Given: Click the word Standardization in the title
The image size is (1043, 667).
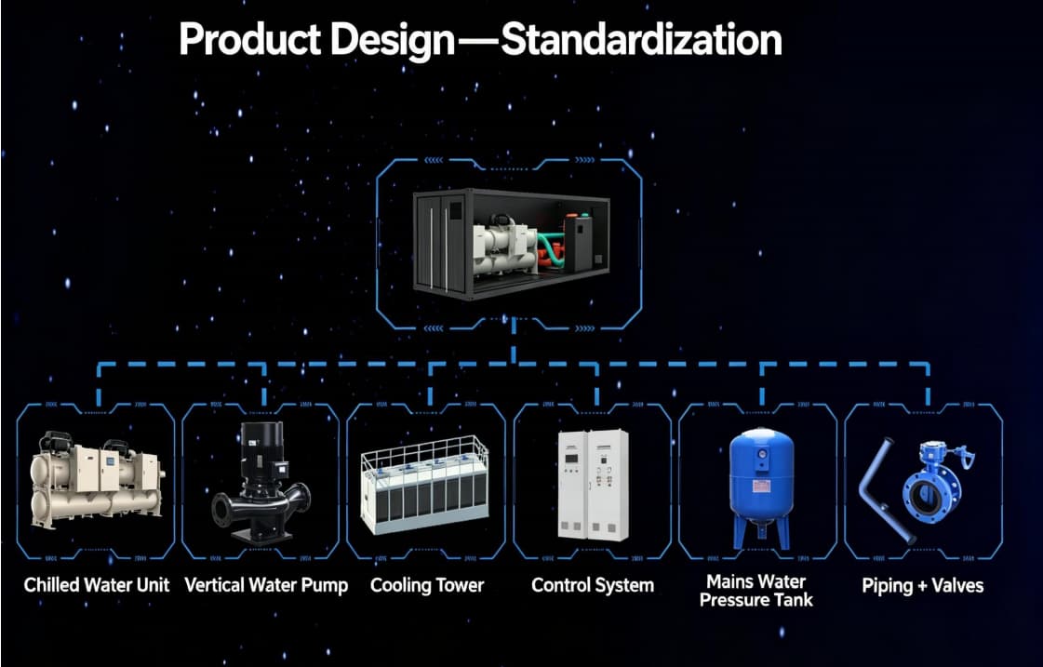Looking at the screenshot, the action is (x=641, y=40).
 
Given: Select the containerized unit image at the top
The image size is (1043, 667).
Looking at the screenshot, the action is (x=511, y=244).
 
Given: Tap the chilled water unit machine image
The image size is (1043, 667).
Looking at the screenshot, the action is (x=97, y=480).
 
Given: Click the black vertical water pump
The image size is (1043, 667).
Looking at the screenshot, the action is (x=261, y=482).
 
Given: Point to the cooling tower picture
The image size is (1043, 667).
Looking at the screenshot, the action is (x=424, y=485).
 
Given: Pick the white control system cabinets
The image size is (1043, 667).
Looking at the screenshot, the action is (x=592, y=484).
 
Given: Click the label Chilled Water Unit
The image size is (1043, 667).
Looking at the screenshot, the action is (x=97, y=585).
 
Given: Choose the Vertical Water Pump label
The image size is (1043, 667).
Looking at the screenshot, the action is (x=266, y=585).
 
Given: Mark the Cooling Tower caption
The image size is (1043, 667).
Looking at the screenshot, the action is (x=427, y=585).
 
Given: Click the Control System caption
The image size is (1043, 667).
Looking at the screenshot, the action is (x=593, y=585).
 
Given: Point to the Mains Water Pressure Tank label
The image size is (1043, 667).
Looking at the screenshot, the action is (x=756, y=591).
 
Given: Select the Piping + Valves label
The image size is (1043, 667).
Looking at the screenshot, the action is (x=923, y=585).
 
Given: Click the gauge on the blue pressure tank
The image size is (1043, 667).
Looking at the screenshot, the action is (x=762, y=454).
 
